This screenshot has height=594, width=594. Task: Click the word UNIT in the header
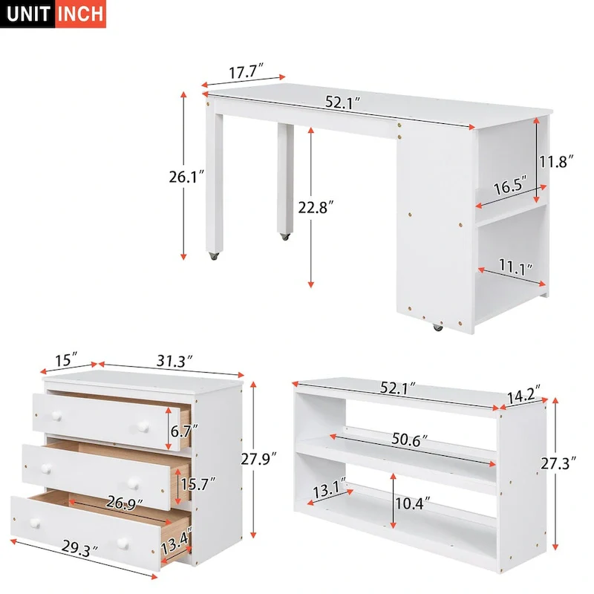(28, 14)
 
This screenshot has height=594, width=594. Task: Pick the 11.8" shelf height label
(557, 161)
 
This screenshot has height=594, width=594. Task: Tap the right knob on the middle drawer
(133, 483)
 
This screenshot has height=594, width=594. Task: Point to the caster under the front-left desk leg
(213, 257)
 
